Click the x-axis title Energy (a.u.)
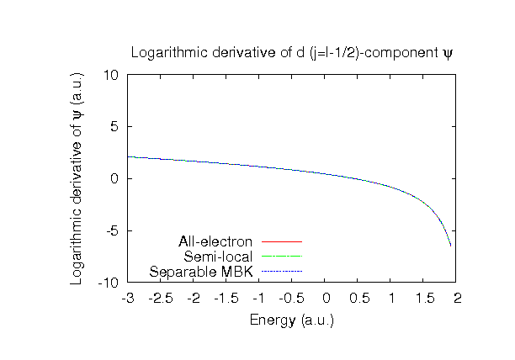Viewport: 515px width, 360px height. [292, 320]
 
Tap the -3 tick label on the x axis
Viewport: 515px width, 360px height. [128, 298]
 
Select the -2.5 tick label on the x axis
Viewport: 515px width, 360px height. [161, 298]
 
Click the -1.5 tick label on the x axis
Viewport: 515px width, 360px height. [226, 298]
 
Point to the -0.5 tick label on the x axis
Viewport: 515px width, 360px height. [292, 298]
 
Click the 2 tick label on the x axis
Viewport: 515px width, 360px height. [458, 298]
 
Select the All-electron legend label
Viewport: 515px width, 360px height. [215, 242]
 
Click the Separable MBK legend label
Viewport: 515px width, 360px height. [202, 272]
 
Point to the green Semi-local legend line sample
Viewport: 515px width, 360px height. [281, 257]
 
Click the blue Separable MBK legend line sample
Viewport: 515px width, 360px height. [281, 272]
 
